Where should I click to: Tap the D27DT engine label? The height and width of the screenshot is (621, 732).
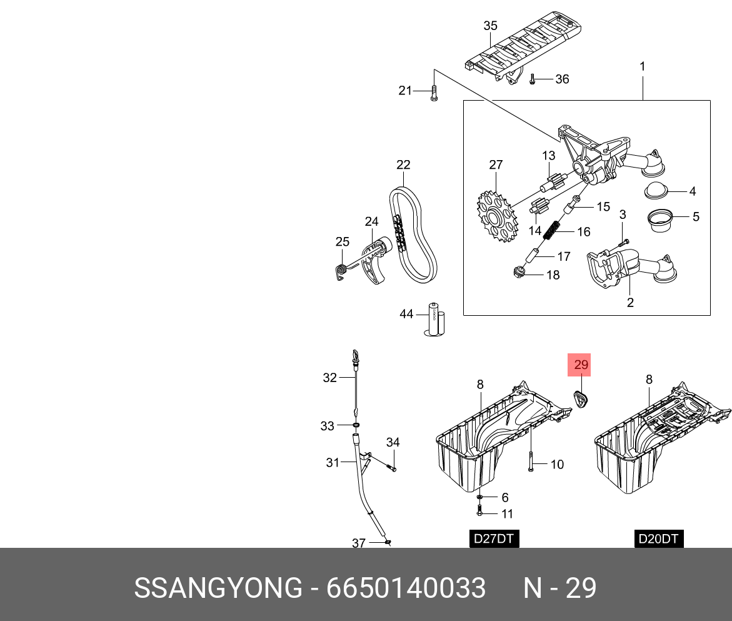(x=494, y=538)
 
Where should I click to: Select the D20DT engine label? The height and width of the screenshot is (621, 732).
(x=659, y=538)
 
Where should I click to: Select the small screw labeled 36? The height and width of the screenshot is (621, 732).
(x=532, y=79)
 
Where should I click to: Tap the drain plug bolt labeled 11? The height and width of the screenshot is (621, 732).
(x=479, y=513)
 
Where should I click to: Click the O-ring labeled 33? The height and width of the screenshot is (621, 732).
(x=356, y=426)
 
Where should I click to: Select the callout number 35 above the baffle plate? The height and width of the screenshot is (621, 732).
(x=491, y=26)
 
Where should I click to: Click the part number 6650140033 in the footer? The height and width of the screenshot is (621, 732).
(x=406, y=588)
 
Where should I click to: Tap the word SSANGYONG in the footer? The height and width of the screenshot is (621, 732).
(x=218, y=588)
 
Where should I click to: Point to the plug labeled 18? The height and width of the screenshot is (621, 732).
(x=518, y=273)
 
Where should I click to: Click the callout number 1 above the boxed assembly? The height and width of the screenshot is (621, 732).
(x=642, y=66)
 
